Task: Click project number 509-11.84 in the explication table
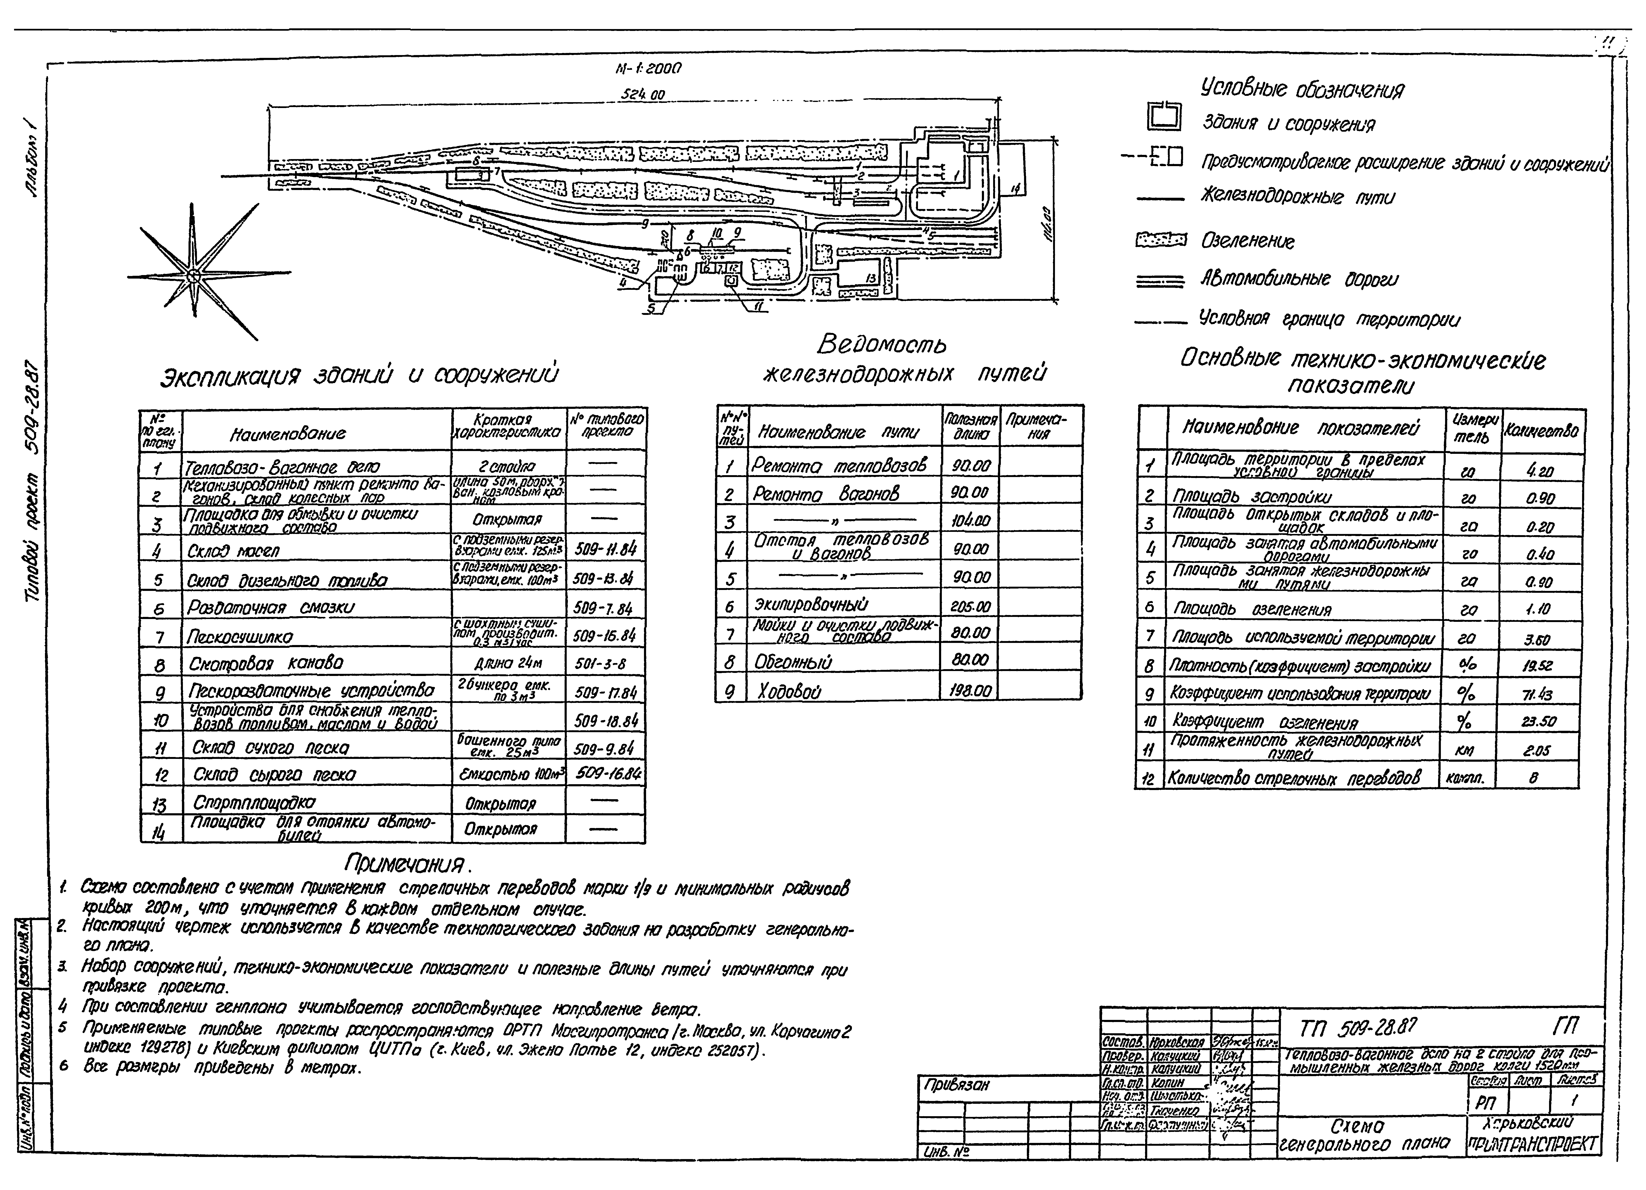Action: [605, 550]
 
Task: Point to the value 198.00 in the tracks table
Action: [970, 690]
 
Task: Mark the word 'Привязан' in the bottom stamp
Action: [957, 1086]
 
